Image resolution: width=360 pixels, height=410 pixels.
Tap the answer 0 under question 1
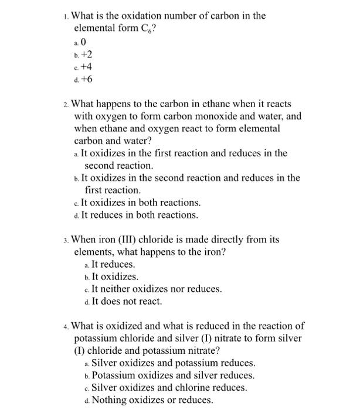(x=84, y=42)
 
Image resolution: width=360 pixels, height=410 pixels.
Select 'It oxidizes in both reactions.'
(x=140, y=203)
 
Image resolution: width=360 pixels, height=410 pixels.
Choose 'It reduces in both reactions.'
(x=139, y=215)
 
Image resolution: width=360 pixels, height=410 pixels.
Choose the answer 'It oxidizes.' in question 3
(x=115, y=276)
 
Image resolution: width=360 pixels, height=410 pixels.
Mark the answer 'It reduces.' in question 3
(x=113, y=264)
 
